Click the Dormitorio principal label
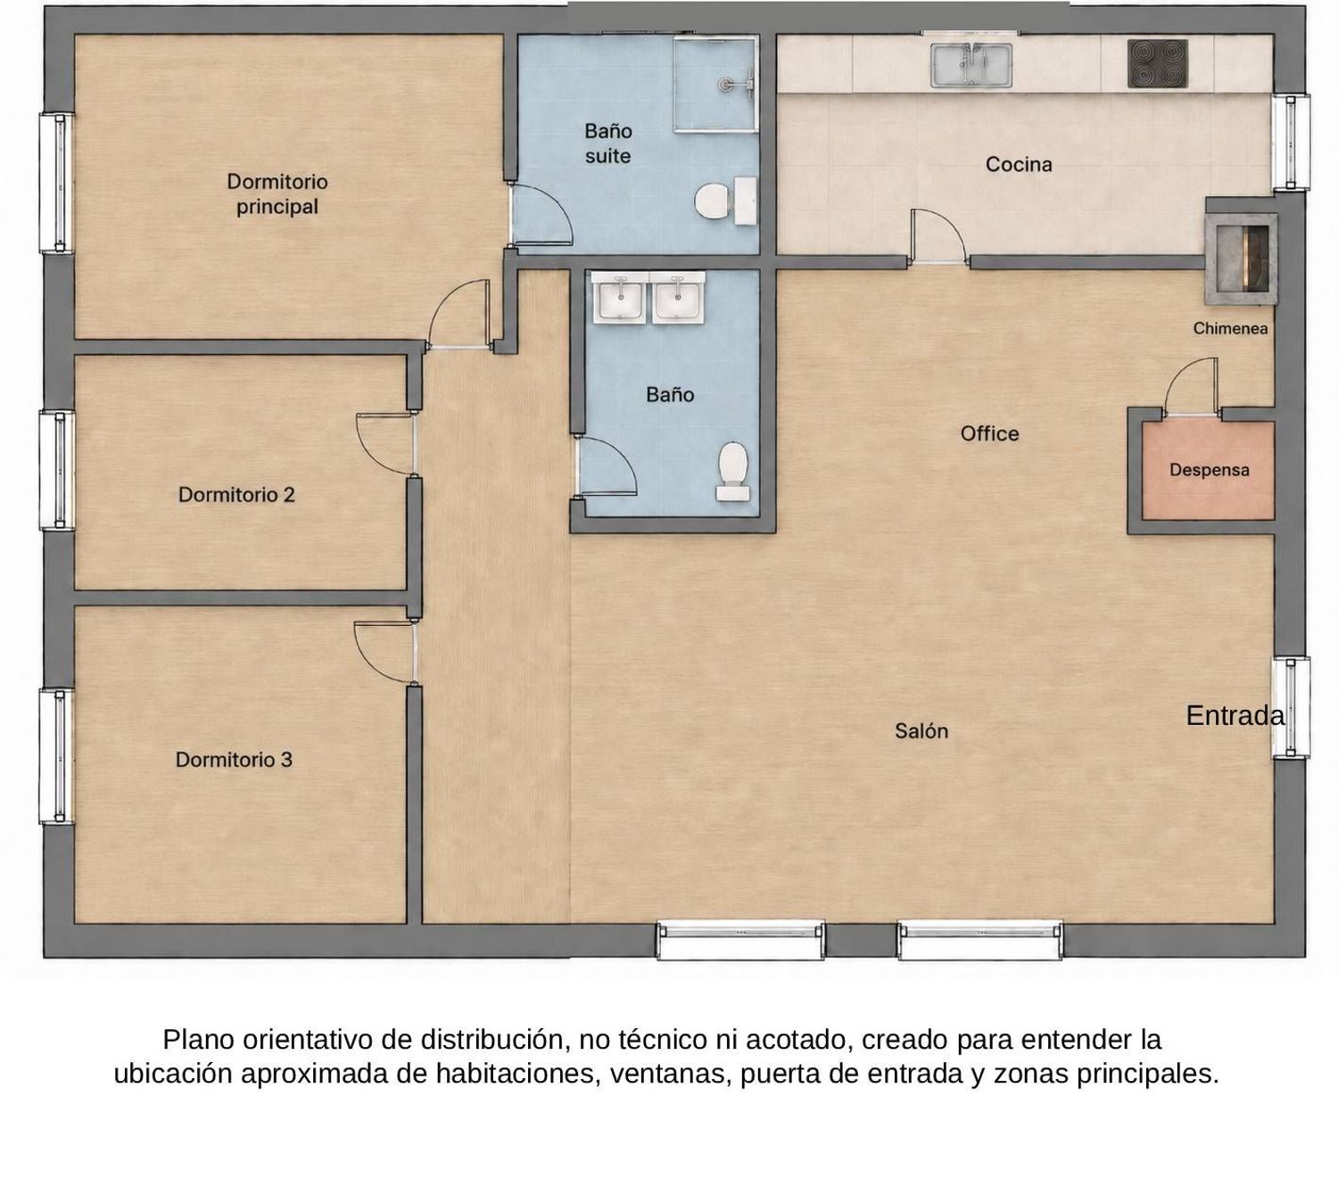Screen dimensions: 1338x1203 click(277, 194)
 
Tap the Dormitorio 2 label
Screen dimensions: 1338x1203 click(236, 495)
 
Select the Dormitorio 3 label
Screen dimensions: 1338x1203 click(234, 760)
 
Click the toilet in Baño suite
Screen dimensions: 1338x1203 click(726, 201)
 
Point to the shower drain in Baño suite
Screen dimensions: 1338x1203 click(725, 84)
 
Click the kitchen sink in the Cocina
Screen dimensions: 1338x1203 click(971, 65)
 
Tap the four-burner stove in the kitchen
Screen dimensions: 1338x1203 click(1158, 64)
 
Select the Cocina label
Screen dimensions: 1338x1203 click(1019, 164)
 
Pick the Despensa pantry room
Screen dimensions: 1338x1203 click(1208, 470)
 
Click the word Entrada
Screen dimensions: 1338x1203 click(1235, 715)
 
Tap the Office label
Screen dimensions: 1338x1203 click(989, 433)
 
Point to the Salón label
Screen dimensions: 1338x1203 click(921, 731)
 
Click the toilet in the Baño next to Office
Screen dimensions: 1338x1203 click(733, 472)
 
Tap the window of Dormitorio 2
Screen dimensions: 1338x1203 click(57, 471)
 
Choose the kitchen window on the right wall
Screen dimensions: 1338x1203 click(1291, 142)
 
